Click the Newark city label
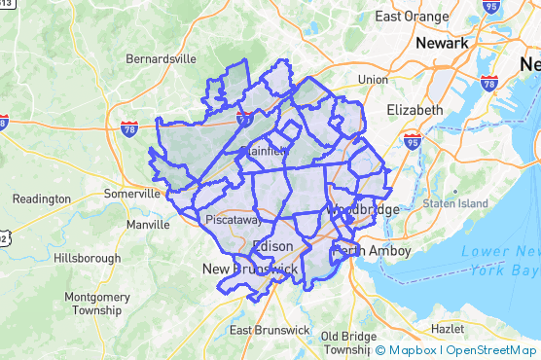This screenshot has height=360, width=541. pos(443,44)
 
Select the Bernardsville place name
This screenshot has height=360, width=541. pos(162,58)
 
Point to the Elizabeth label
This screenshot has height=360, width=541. pos(415,110)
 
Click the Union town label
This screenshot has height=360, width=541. pos(372,79)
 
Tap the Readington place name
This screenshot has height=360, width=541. pos(41,198)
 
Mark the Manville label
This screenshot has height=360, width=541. pos(148,225)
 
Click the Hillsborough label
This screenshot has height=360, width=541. pos(87,258)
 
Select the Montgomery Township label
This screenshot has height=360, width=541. pos(90,304)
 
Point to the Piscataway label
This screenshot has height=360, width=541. pos(231,220)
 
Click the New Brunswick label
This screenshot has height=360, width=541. pos(249,268)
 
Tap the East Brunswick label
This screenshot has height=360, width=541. pos(270,330)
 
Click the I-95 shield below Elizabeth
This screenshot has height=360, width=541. pos(413,139)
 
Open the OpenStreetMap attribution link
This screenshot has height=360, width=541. pos(492,350)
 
